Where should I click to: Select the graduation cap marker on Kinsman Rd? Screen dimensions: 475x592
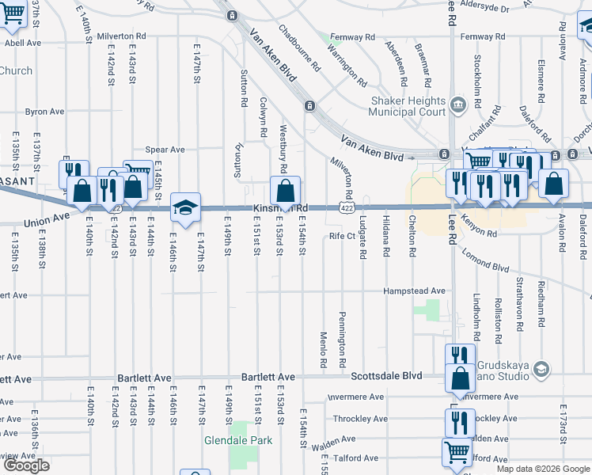(x=185, y=207)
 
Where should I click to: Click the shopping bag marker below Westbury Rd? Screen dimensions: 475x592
(x=285, y=191)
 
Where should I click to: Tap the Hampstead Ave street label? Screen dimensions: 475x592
(x=414, y=291)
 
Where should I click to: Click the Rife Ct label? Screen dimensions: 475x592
(x=342, y=236)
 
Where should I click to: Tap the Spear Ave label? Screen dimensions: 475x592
(x=165, y=150)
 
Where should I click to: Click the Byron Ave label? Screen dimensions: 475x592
(x=44, y=112)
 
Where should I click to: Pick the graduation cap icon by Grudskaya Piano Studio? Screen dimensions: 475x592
(x=541, y=369)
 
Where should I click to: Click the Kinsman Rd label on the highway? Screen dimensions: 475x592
(x=279, y=208)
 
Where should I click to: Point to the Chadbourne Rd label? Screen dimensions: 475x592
(x=298, y=45)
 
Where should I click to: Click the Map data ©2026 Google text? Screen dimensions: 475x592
(x=542, y=469)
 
